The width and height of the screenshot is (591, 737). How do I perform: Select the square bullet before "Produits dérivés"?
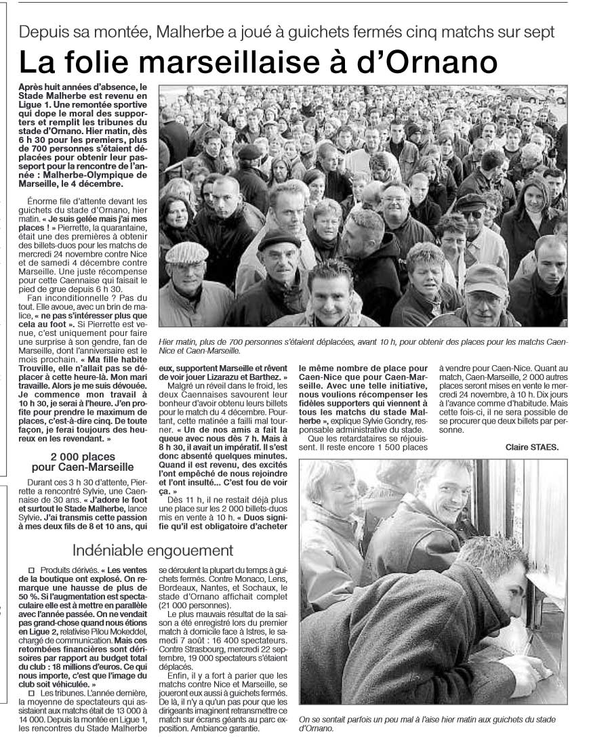pyautogui.click(x=30, y=571)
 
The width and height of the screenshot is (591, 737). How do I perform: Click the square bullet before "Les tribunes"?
pyautogui.click(x=30, y=693)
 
